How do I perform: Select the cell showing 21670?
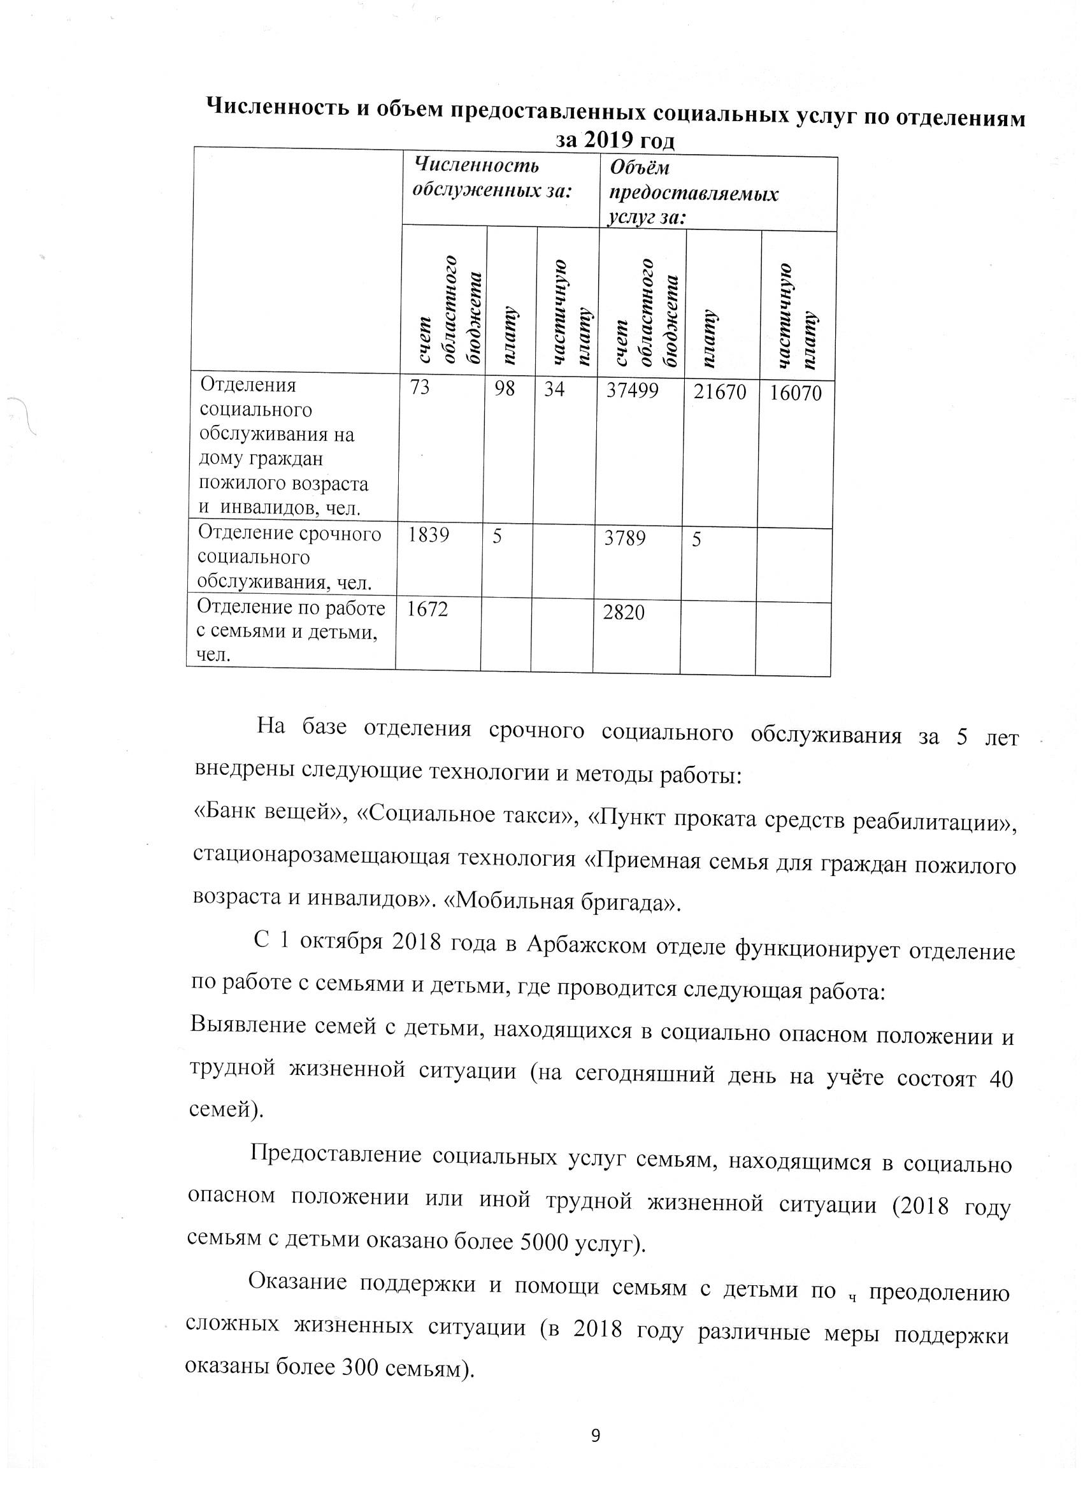click(721, 393)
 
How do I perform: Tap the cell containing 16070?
click(796, 394)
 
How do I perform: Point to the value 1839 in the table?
click(429, 535)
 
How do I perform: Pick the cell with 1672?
click(427, 609)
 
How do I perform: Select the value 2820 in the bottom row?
click(624, 613)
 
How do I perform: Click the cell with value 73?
click(420, 387)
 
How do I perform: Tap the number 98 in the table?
click(505, 389)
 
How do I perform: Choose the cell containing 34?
click(554, 389)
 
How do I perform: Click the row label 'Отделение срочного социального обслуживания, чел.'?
click(289, 558)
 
